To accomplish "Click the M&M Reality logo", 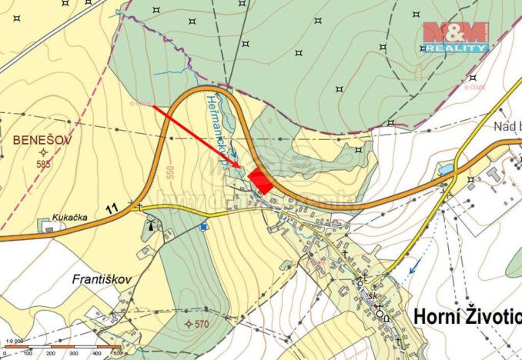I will (454, 36).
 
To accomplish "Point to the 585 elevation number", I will (44, 163).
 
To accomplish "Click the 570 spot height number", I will (200, 324).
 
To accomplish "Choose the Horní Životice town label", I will (467, 316).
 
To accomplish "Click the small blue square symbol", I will (203, 226).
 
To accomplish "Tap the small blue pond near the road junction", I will (446, 168).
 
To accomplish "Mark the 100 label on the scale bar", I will (28, 353).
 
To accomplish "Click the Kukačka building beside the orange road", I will (49, 228).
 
